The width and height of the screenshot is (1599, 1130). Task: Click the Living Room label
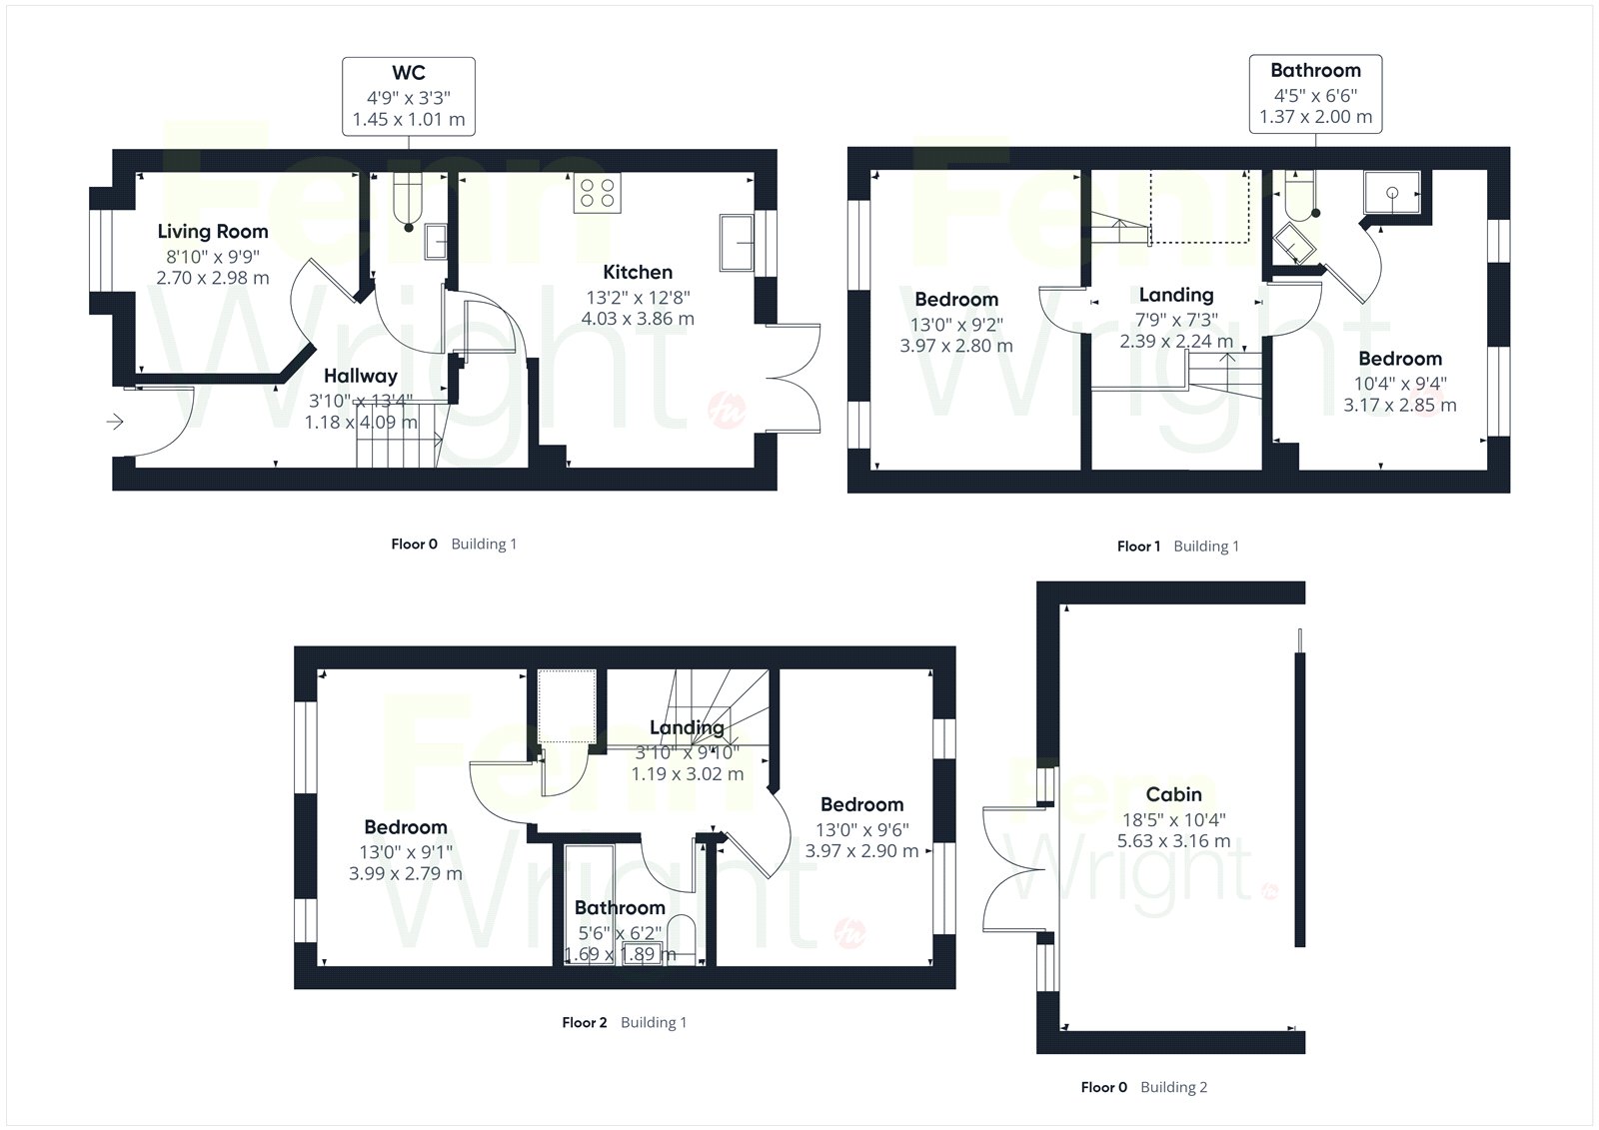click(213, 231)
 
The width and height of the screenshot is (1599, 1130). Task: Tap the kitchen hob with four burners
click(598, 193)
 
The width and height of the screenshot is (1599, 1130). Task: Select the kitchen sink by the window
click(737, 243)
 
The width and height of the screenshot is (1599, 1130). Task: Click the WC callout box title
click(409, 73)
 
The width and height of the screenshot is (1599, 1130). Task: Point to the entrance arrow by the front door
click(115, 422)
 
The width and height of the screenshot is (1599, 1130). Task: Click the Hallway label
click(361, 377)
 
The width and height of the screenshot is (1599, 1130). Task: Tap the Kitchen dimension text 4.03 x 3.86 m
click(638, 319)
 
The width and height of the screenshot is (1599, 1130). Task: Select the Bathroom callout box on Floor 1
click(1315, 94)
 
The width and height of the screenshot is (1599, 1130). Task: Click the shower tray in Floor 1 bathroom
click(1392, 192)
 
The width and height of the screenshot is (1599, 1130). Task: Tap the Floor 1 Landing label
click(1176, 295)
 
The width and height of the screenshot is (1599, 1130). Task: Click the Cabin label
click(1173, 794)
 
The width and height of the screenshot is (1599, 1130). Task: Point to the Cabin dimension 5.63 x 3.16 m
click(1173, 841)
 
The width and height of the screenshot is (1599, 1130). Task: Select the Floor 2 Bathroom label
click(620, 908)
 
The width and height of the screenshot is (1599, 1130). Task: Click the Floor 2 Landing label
click(687, 727)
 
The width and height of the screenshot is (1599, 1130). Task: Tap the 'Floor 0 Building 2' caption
click(1143, 1087)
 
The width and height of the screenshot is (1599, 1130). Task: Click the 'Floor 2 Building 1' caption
click(624, 1022)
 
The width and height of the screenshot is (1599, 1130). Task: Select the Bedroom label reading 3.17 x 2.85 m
click(1400, 359)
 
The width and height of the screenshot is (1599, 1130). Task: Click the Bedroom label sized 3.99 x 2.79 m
click(406, 827)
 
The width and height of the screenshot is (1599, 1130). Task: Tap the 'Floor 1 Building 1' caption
click(1178, 547)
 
